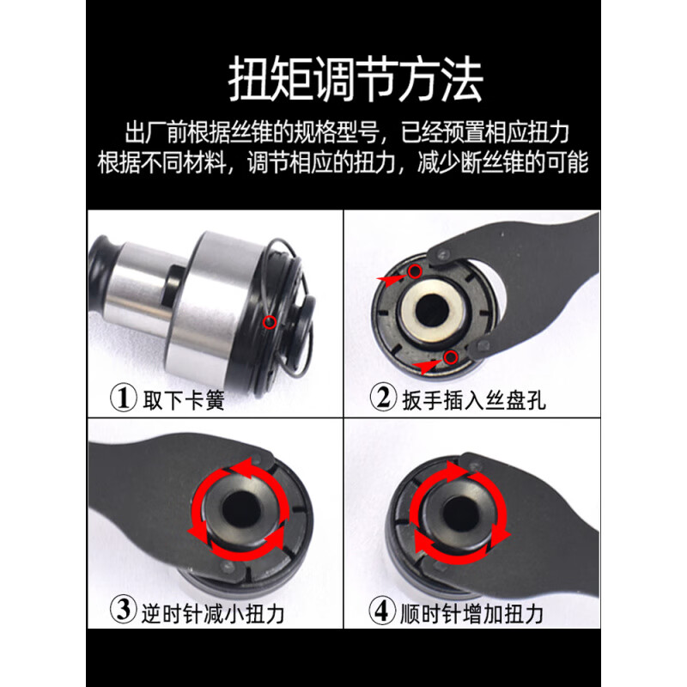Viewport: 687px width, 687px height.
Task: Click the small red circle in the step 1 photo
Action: pyautogui.click(x=271, y=323)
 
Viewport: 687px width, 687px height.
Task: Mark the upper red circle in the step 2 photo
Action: pyautogui.click(x=416, y=272)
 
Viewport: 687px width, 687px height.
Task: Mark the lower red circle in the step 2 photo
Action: pyautogui.click(x=452, y=356)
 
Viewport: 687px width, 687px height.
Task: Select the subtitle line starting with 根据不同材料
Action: pyautogui.click(x=343, y=162)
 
